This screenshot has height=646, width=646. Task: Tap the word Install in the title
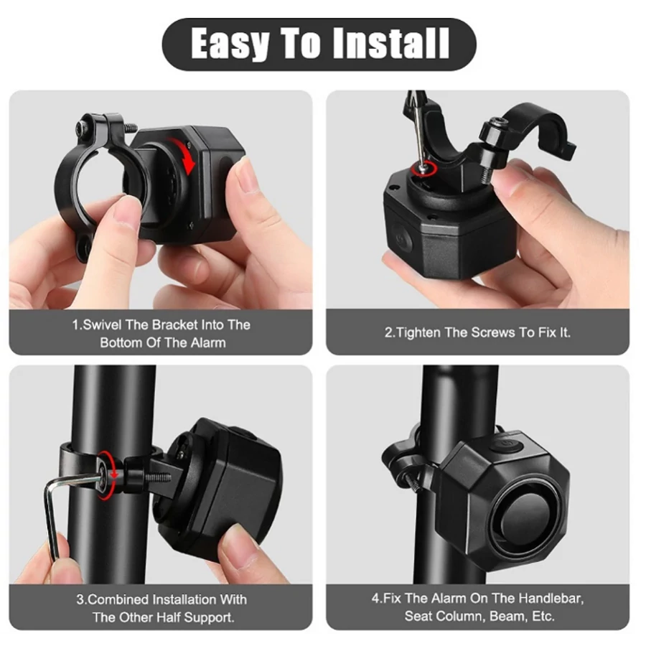390,43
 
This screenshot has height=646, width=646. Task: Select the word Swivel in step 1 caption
102,324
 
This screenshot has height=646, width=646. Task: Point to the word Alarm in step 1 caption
207,342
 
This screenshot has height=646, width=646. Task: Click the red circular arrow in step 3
107,475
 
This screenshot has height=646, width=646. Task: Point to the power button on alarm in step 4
506,445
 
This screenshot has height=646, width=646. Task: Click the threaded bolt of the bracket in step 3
158,477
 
